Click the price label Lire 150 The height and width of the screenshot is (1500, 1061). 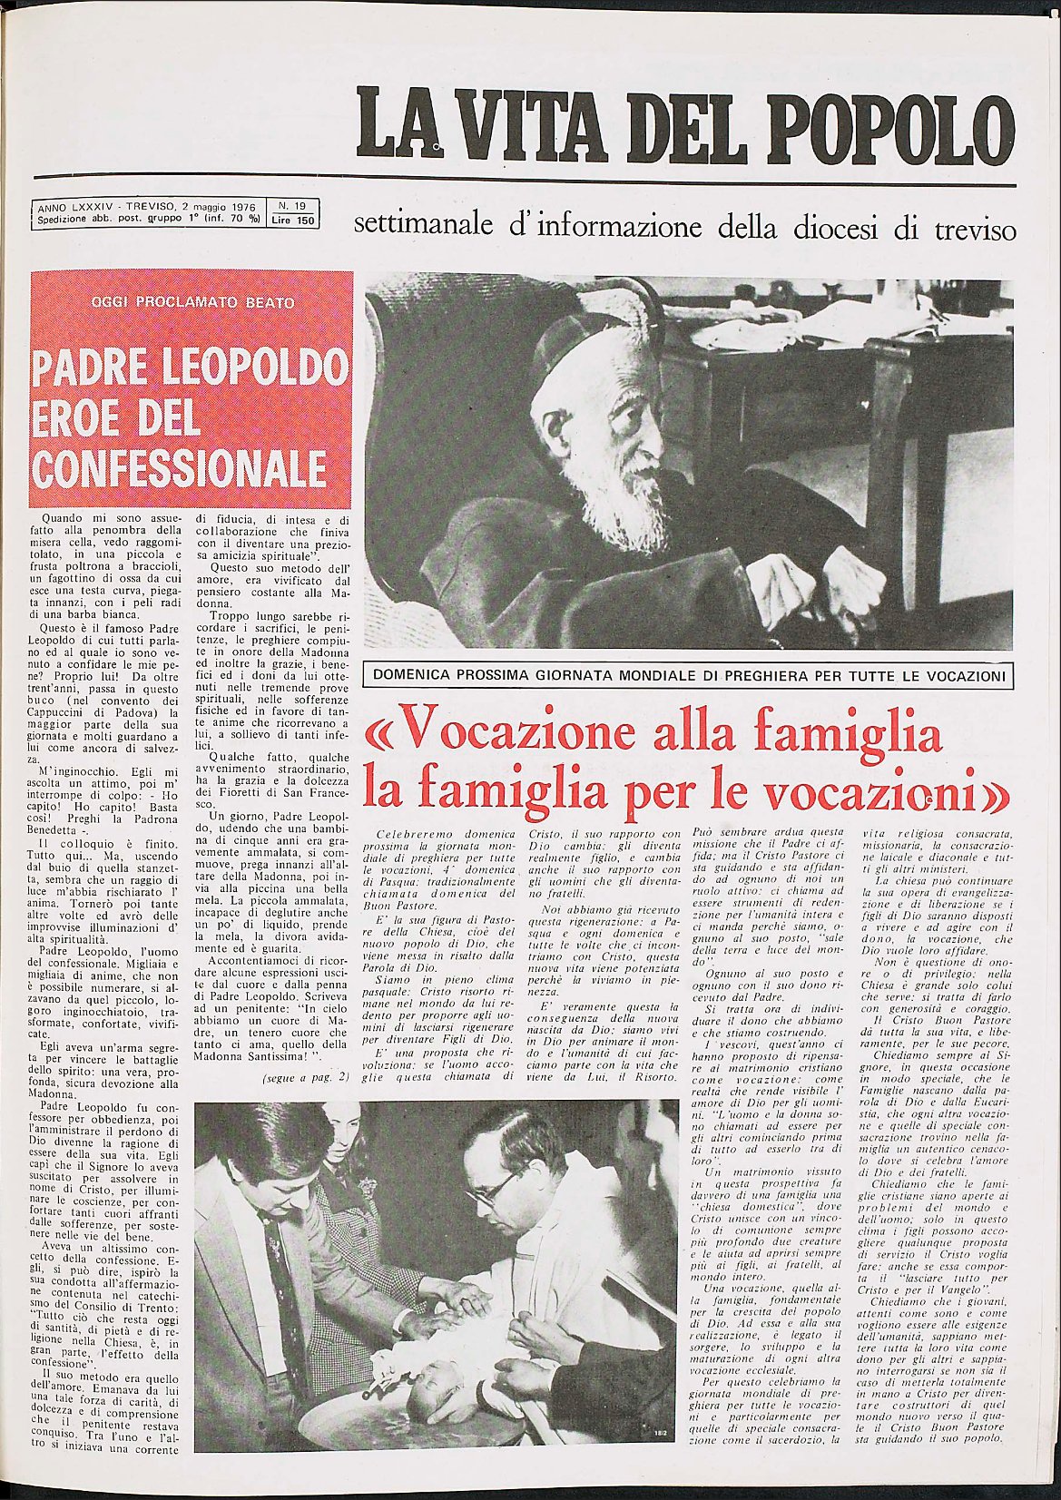pyautogui.click(x=291, y=220)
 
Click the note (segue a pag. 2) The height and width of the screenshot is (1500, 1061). pyautogui.click(x=305, y=1078)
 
